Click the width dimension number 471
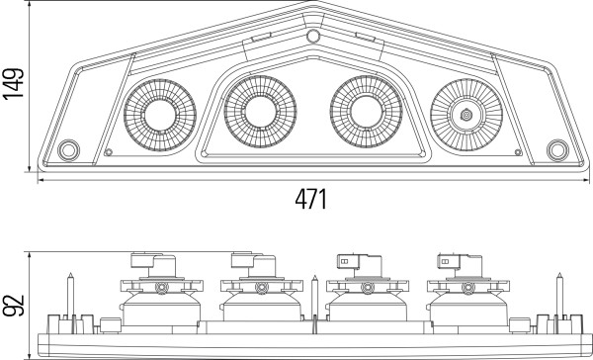point(311,199)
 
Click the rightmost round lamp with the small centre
point(466,114)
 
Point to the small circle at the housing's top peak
point(312,38)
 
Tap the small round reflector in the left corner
point(69,150)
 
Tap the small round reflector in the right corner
point(557,150)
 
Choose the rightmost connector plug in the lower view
point(457,263)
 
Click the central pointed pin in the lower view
point(313,297)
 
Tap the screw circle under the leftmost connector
point(160,288)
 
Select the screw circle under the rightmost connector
point(465,288)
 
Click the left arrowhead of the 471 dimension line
point(42,181)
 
